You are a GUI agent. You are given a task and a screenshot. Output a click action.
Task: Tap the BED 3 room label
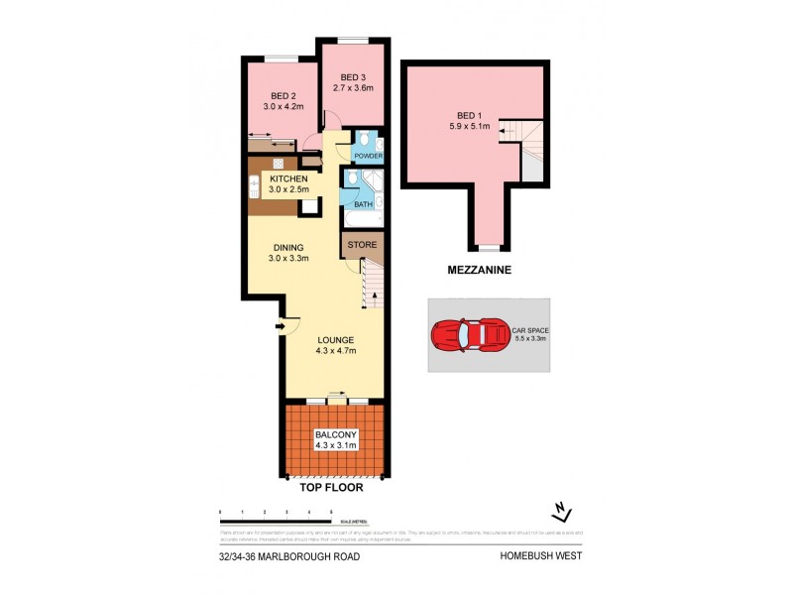tap(353, 77)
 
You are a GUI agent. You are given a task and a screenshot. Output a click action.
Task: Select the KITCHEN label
tap(288, 178)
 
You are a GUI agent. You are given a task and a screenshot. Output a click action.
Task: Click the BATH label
tap(364, 205)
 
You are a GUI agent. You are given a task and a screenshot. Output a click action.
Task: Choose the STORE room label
tap(362, 243)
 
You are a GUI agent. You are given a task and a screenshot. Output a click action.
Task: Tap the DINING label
tap(289, 248)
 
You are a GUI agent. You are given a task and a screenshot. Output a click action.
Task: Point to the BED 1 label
tap(470, 115)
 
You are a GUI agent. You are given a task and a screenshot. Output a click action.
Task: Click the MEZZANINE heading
tap(477, 268)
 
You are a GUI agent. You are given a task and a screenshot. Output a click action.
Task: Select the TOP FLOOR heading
tap(330, 488)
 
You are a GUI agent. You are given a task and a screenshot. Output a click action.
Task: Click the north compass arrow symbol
tap(563, 512)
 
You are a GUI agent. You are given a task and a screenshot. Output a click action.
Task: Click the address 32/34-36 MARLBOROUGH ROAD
tap(289, 556)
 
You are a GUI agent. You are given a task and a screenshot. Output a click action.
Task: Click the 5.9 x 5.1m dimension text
tap(470, 126)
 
